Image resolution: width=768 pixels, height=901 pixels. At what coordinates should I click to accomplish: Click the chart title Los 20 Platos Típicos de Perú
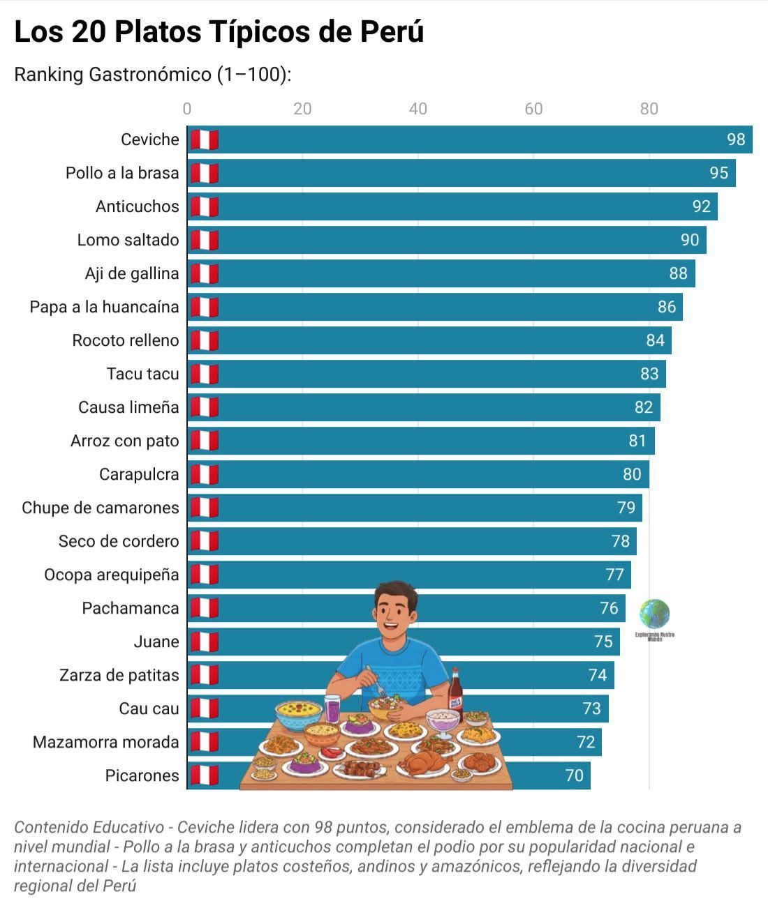pos(219,32)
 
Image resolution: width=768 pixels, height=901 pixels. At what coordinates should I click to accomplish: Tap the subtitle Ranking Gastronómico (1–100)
pos(152,74)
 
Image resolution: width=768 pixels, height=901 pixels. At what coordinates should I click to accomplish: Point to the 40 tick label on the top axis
pos(418,109)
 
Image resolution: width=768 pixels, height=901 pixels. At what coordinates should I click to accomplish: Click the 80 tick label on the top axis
pos(649,109)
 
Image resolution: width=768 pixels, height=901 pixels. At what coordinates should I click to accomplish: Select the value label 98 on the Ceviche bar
pos(736,139)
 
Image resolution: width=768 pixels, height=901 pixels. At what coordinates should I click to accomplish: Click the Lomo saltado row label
pos(128,240)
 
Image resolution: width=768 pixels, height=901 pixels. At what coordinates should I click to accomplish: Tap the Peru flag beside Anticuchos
pos(205,206)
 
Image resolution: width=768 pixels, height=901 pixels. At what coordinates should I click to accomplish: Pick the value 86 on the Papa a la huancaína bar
pos(667,307)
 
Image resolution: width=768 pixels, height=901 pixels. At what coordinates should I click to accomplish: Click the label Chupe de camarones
pos(100,508)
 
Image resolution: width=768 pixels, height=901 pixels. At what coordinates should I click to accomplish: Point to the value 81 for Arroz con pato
pos(637,441)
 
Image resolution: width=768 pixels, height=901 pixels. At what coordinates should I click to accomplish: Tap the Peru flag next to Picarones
pos(205,775)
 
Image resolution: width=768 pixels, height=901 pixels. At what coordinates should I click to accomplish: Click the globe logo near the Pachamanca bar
pos(654,614)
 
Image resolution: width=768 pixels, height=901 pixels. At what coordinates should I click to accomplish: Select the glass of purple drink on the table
pos(333,709)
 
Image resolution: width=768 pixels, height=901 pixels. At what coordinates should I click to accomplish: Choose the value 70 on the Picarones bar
pos(574,775)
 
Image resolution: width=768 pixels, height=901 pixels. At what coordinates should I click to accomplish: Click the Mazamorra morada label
pos(105,742)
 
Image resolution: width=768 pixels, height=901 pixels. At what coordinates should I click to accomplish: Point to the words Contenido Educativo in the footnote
pos(89,828)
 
